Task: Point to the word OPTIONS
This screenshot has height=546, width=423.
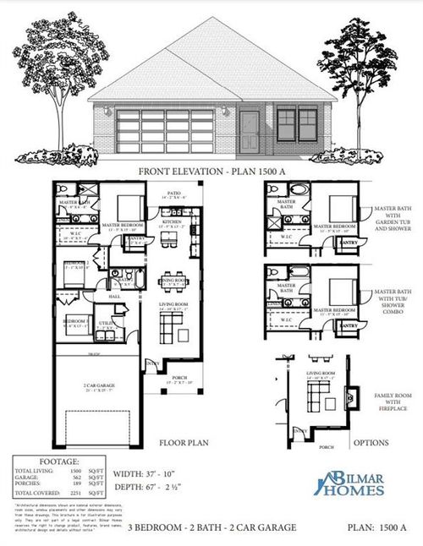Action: [x=370, y=442]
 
